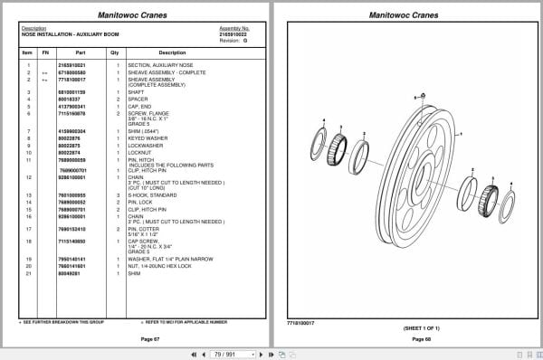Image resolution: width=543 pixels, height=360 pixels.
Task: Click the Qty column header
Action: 114,52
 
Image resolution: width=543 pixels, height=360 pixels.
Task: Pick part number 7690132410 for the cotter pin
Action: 72,229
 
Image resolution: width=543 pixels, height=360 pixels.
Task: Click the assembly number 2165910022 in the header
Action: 233,33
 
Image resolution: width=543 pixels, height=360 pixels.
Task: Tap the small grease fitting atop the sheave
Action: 418,97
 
